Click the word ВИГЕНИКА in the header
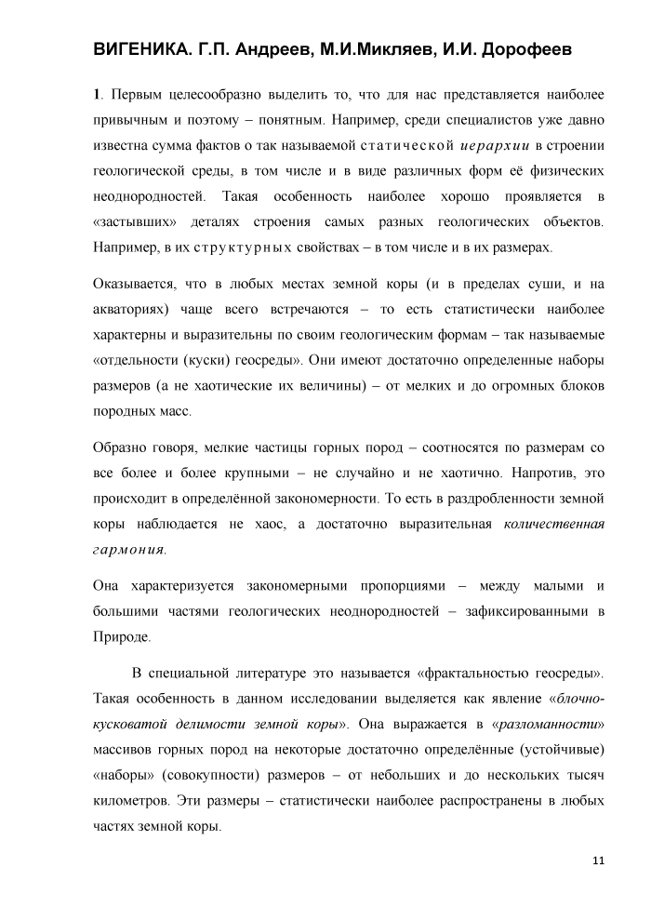[x=143, y=50]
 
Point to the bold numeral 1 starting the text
[x=97, y=95]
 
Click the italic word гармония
[x=130, y=550]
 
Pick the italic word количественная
[x=553, y=525]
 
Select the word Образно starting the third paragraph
[x=121, y=448]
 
